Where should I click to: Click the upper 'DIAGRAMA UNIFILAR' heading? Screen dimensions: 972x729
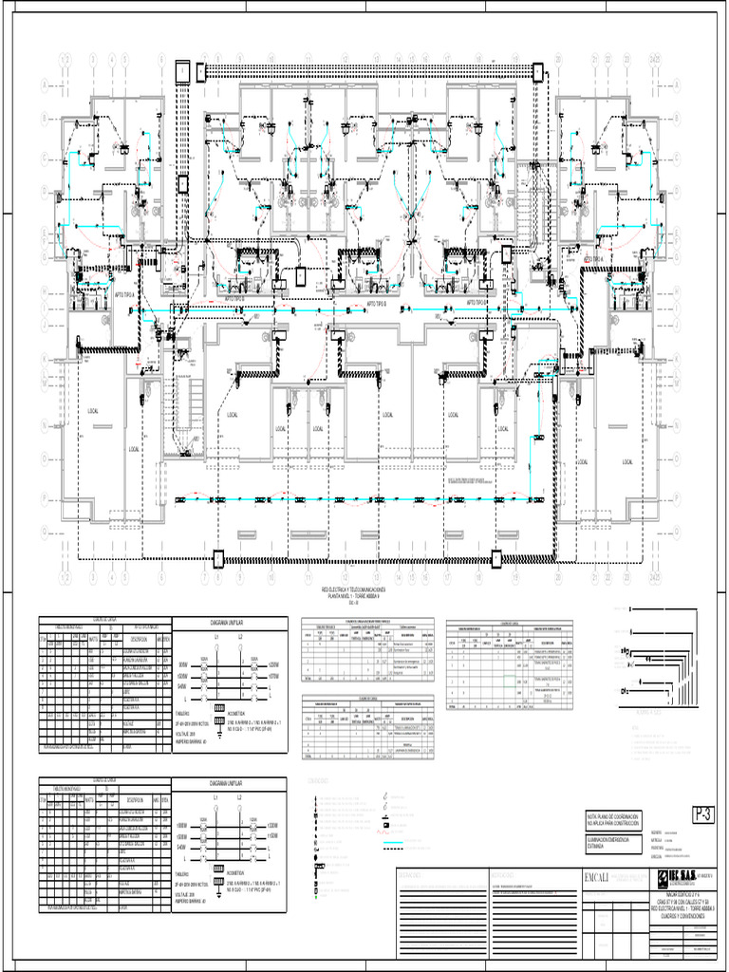(228, 624)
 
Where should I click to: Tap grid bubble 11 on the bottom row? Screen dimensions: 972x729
(308, 576)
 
